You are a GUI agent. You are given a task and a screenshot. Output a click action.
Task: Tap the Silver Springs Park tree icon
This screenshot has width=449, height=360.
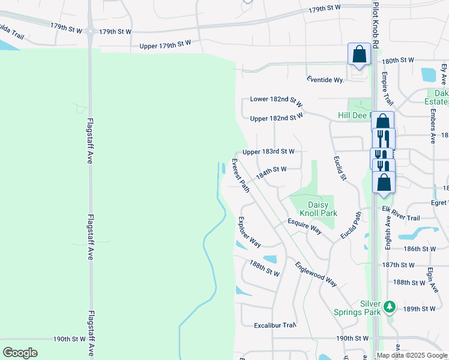tap(390, 307)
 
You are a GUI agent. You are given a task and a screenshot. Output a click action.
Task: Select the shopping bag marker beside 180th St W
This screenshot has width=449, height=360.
tap(358, 53)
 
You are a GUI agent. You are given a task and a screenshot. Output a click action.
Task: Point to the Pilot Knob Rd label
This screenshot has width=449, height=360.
tap(376, 25)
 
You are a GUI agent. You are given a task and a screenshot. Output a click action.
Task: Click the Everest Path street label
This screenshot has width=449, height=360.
tap(241, 176)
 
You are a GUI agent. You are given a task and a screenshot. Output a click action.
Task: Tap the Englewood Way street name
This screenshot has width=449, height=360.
tap(316, 271)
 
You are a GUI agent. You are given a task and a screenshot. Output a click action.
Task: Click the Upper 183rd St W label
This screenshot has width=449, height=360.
tap(268, 152)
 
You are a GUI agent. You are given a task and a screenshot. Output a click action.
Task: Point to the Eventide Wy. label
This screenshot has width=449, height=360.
tap(325, 79)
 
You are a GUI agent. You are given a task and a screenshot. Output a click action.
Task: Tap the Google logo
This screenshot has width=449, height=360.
tap(20, 353)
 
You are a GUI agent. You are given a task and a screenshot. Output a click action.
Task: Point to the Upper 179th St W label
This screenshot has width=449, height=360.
tap(164, 44)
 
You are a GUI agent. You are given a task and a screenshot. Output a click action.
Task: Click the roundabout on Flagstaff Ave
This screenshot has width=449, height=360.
tap(90, 31)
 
